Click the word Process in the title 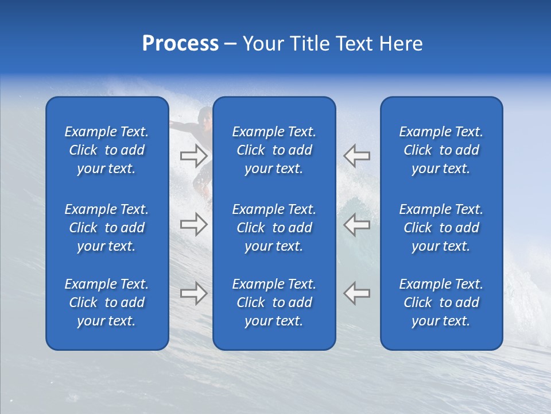[x=180, y=44]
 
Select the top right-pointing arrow [x=193, y=155]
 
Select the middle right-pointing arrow [x=193, y=224]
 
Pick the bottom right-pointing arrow [x=193, y=293]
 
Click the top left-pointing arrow [x=357, y=155]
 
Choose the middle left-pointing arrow [x=357, y=224]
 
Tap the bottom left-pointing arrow [x=357, y=293]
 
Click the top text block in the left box [x=107, y=150]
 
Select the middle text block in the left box [x=107, y=228]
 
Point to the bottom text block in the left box [x=107, y=302]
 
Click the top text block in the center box [x=274, y=150]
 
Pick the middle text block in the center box [x=274, y=228]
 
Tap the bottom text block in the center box [x=274, y=302]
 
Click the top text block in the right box [x=441, y=150]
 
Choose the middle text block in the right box [x=441, y=228]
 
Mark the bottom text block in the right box [x=441, y=302]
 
